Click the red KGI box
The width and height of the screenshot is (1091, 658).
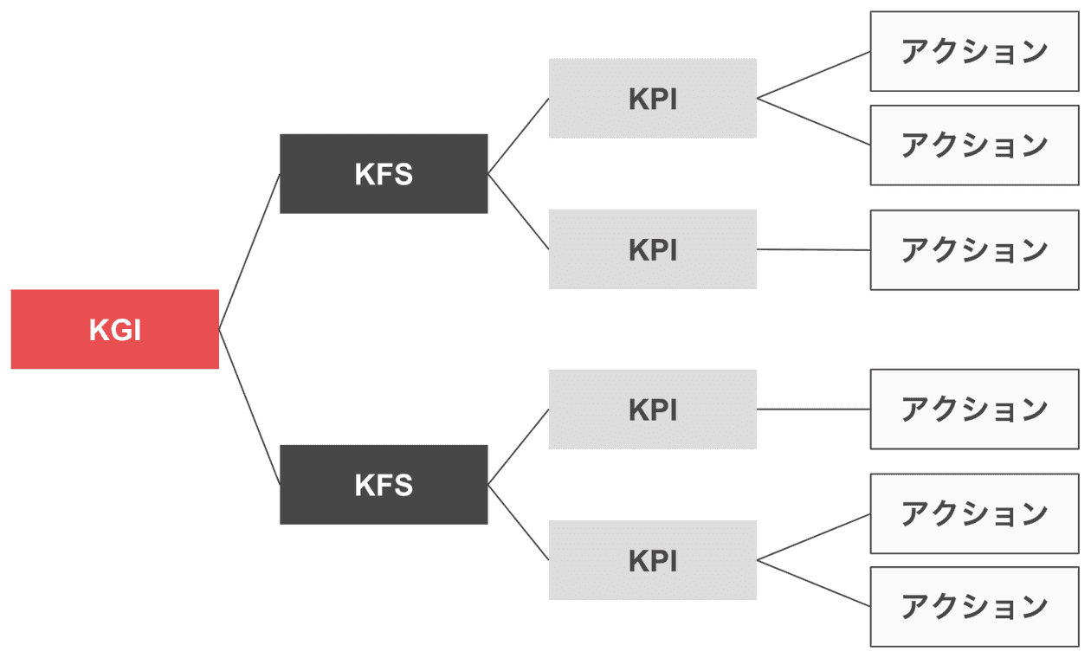pyautogui.click(x=114, y=329)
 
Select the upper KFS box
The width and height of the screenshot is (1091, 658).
pyautogui.click(x=384, y=173)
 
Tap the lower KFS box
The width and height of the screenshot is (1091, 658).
pyautogui.click(x=384, y=485)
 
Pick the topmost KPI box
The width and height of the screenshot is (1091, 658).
pyautogui.click(x=653, y=98)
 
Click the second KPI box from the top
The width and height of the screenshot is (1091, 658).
pyautogui.click(x=653, y=249)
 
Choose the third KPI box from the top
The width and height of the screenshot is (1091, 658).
pyautogui.click(x=653, y=409)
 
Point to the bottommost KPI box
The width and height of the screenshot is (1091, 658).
pyautogui.click(x=653, y=560)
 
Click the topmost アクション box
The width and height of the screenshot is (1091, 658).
pyautogui.click(x=974, y=51)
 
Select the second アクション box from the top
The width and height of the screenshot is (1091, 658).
pyautogui.click(x=974, y=145)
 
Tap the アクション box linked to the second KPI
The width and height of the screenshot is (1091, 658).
pyautogui.click(x=974, y=249)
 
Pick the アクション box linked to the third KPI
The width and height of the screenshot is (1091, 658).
pyautogui.click(x=974, y=409)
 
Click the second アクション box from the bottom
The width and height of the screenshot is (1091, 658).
pyautogui.click(x=974, y=513)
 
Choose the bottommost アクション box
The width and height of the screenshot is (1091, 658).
pyautogui.click(x=974, y=607)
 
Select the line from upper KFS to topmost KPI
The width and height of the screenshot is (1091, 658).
pyautogui.click(x=519, y=136)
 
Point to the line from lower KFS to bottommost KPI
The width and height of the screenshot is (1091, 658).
pyautogui.click(x=519, y=522)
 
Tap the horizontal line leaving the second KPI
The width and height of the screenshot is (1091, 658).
pyautogui.click(x=813, y=249)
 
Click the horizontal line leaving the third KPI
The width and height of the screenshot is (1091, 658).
pyautogui.click(x=813, y=409)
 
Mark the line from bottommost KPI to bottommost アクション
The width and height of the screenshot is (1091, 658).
pyautogui.click(x=813, y=584)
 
